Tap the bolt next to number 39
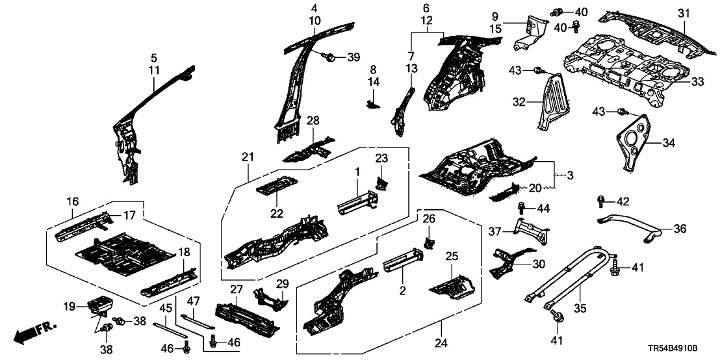[x=329, y=57]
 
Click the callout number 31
[x=681, y=13]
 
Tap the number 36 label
[x=678, y=228]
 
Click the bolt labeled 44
[x=522, y=208]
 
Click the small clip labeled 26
[x=429, y=242]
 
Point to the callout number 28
[x=313, y=120]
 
